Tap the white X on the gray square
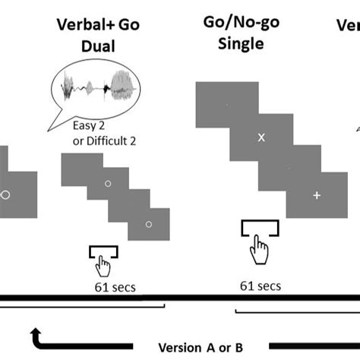261,137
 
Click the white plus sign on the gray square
317,195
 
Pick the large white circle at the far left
5,195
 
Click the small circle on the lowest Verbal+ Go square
148,223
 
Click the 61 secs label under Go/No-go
260,286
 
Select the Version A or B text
200,347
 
